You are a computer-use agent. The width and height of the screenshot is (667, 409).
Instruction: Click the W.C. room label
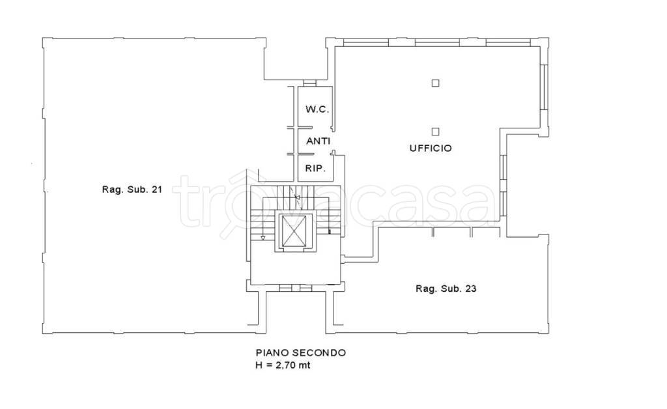[x=317, y=109]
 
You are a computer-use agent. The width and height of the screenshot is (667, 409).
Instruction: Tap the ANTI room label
[x=319, y=141]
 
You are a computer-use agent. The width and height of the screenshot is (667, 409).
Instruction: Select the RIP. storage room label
[x=315, y=169]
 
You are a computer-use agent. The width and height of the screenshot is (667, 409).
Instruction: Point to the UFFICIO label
[x=431, y=148]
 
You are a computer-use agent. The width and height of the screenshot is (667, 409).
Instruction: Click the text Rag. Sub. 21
[x=132, y=189]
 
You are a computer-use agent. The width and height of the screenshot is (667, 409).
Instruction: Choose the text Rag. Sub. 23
[x=446, y=289]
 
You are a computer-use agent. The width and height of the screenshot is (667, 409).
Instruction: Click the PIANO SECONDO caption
[x=300, y=352]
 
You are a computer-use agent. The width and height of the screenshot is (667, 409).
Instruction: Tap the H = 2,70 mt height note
[x=283, y=365]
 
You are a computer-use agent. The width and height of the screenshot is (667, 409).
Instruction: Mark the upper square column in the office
[x=435, y=83]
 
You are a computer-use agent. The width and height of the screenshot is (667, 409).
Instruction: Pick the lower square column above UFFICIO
[x=435, y=132]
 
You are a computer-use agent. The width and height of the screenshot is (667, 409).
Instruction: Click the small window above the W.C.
[x=309, y=83]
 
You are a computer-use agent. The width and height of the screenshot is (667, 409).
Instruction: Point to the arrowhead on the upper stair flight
[x=297, y=197]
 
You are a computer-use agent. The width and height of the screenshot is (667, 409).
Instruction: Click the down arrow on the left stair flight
[x=263, y=238]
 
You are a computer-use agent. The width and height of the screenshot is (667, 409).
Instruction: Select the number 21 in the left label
[x=157, y=189]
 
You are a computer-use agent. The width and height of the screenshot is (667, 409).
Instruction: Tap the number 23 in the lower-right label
[x=471, y=289]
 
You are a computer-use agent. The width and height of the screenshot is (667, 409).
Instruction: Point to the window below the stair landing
[x=296, y=288]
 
